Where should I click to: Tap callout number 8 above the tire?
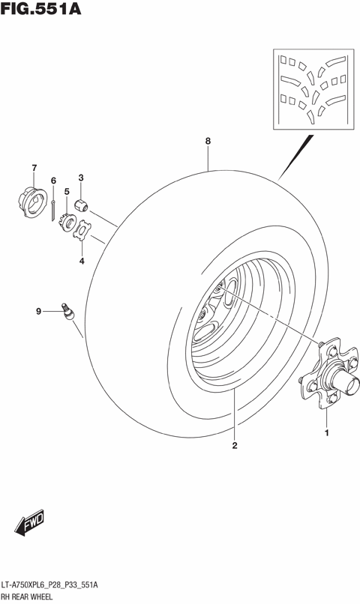(208, 141)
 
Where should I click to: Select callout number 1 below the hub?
(326, 432)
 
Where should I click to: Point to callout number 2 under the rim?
(235, 447)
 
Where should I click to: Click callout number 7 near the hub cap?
(34, 166)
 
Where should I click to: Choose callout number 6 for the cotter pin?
(53, 181)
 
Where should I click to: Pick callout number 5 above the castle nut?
(67, 192)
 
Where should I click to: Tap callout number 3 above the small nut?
(81, 178)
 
